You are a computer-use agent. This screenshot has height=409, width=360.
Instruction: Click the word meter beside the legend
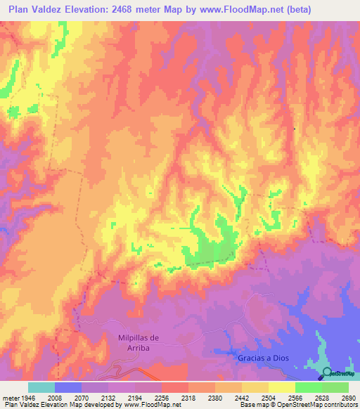click(10, 397)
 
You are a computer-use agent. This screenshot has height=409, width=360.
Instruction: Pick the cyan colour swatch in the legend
click(41, 387)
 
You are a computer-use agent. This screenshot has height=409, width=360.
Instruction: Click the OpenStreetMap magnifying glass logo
click(326, 372)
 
